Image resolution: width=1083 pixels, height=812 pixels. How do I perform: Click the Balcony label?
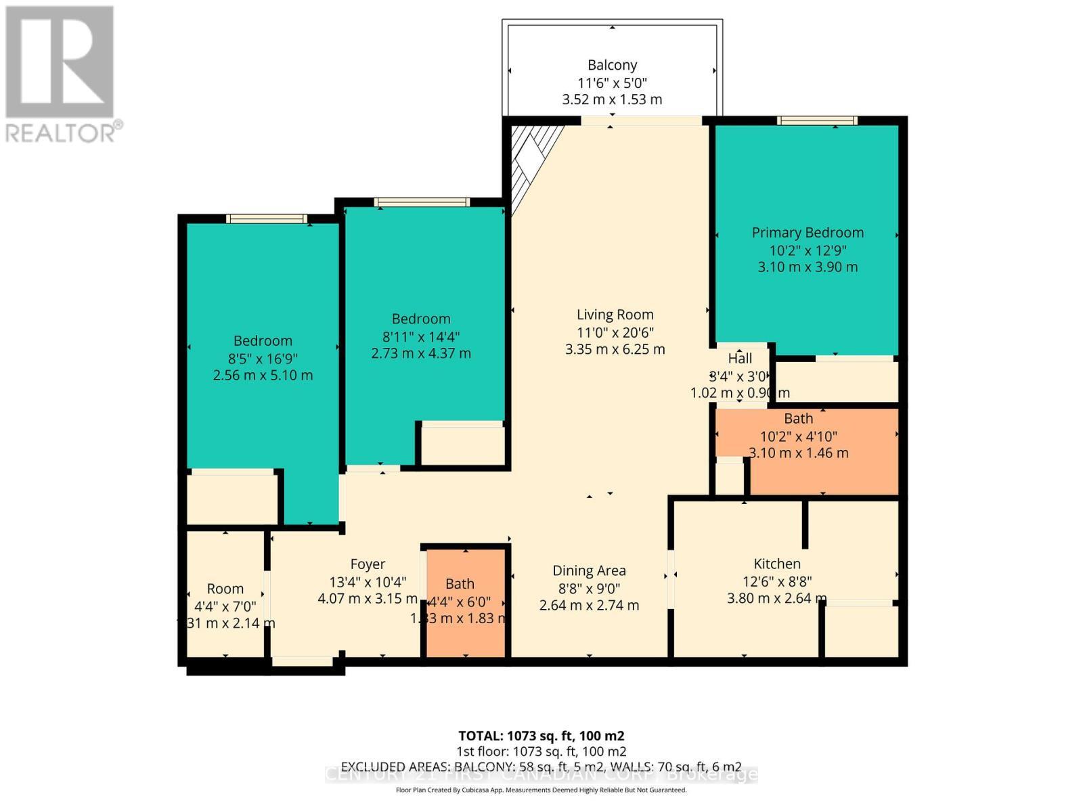coord(612,65)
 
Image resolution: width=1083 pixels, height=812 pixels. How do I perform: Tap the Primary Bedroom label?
coord(808,232)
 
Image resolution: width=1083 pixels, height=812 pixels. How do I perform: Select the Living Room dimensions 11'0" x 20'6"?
coord(615,332)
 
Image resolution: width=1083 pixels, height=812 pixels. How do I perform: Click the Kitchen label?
coord(776,564)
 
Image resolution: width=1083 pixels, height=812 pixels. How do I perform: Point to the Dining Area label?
coord(589,570)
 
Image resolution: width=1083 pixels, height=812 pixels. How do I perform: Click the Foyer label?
coord(368,564)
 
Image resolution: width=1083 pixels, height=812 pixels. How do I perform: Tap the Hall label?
coord(740,358)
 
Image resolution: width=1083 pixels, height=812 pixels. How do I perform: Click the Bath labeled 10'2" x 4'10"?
coord(799,436)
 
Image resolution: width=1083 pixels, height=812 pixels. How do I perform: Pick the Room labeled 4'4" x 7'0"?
coord(225,606)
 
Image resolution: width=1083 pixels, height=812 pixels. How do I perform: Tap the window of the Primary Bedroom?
coord(817,121)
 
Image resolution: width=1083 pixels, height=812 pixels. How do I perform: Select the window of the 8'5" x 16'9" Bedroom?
coord(266,219)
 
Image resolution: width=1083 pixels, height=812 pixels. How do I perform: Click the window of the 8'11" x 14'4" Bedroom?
coord(422,202)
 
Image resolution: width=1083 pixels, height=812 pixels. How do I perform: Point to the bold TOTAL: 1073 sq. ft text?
coord(541,736)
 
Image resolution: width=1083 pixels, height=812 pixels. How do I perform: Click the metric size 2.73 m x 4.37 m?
coord(421,353)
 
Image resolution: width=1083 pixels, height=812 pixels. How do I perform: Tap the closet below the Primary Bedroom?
coord(836,381)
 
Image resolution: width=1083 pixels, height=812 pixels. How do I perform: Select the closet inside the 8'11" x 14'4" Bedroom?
coord(463,445)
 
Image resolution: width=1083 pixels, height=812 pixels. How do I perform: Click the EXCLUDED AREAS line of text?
coord(541,767)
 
